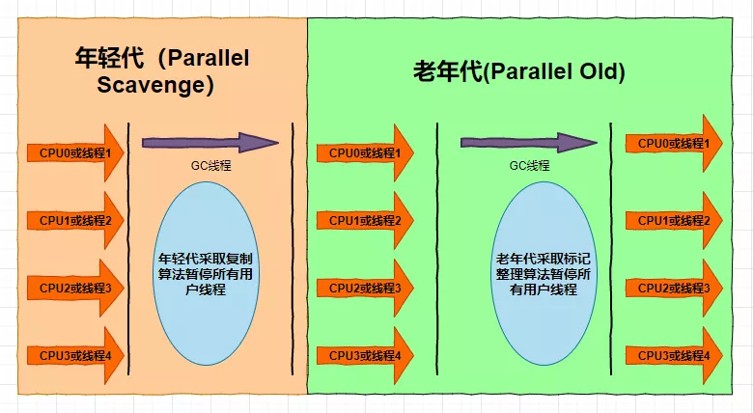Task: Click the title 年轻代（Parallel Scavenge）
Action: [x=161, y=71]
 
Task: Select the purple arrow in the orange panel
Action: [x=209, y=143]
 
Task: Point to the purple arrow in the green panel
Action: [x=528, y=143]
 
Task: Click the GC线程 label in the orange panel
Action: [x=210, y=166]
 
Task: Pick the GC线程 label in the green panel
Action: [x=529, y=166]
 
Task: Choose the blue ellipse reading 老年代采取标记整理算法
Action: [x=538, y=274]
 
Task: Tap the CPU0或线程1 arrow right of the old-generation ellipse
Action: [x=674, y=144]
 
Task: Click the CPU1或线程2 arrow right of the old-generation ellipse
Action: [x=674, y=220]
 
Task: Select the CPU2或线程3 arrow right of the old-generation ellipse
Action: [x=674, y=288]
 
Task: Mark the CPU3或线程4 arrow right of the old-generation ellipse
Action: [x=674, y=355]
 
